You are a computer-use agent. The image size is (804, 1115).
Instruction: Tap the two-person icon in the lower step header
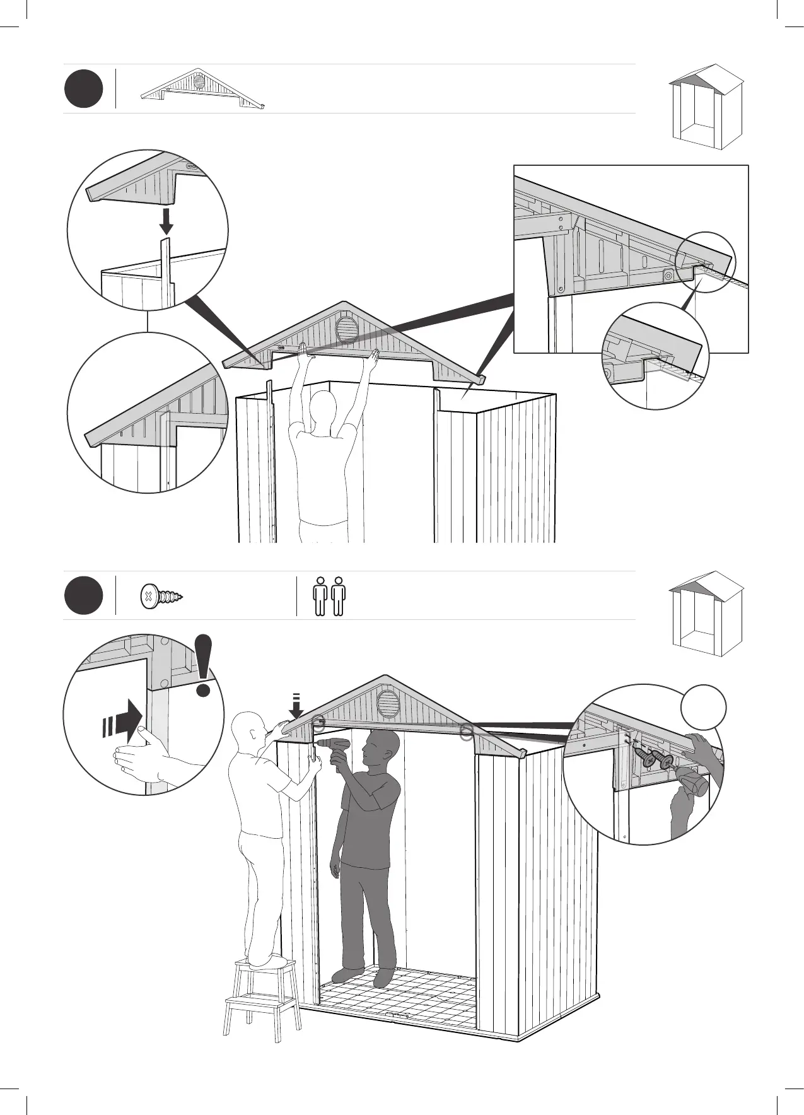(330, 596)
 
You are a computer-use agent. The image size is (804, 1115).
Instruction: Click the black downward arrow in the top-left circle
(166, 221)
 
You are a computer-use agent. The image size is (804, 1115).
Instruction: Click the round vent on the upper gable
(346, 329)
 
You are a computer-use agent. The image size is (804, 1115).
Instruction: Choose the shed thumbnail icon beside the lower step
(706, 613)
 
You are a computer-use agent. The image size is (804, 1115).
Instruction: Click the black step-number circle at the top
(83, 90)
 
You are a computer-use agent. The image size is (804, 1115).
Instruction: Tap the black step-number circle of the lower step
(83, 596)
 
